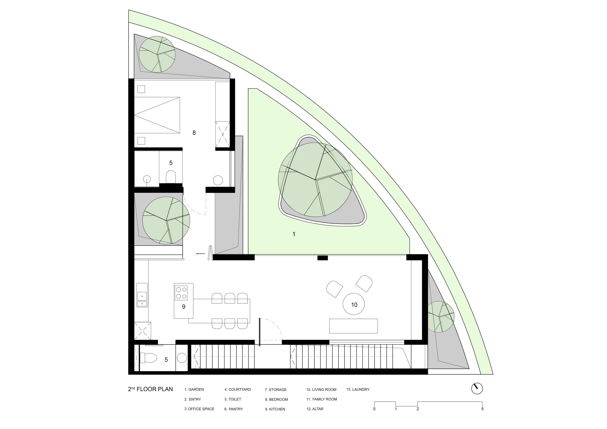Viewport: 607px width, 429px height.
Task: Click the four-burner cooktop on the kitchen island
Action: (181, 293)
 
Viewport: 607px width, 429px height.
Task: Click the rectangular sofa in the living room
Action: (353, 326)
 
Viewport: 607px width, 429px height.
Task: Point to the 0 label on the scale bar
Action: (374, 409)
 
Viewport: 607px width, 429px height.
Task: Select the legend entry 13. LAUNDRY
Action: (358, 389)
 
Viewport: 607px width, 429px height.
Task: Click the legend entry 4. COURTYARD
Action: (238, 389)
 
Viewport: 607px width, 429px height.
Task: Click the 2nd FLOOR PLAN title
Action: (150, 389)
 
